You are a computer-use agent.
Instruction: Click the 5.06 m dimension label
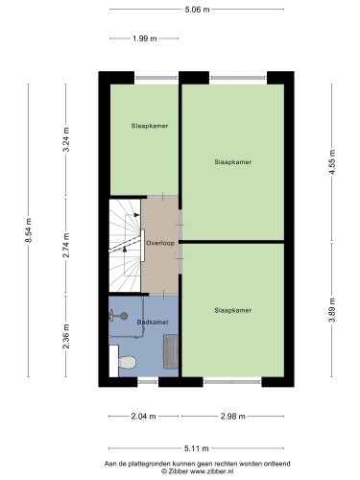point(197,10)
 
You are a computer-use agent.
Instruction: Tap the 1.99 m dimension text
point(145,38)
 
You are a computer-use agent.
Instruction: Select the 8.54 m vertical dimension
point(29,230)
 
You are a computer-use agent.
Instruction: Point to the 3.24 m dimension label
point(66,139)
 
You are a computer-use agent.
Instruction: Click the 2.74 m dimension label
point(66,246)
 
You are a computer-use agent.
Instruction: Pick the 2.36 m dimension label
point(66,336)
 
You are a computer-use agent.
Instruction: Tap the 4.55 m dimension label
point(332,162)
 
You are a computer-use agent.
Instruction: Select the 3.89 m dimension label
point(332,310)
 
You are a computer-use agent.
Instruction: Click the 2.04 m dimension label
point(143,417)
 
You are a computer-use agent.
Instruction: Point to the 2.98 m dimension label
point(233,417)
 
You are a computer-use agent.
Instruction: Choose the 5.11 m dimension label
point(197,448)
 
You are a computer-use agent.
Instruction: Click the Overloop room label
point(160,243)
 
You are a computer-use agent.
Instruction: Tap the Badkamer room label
point(153,323)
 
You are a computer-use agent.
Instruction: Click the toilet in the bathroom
point(127,362)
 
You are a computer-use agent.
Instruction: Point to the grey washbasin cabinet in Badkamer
point(171,351)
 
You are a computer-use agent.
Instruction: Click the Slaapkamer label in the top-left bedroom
point(150,126)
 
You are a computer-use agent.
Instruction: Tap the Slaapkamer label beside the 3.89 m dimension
point(233,310)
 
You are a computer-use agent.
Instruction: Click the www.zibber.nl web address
point(212,471)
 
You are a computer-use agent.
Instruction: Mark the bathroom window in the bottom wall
point(148,382)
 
